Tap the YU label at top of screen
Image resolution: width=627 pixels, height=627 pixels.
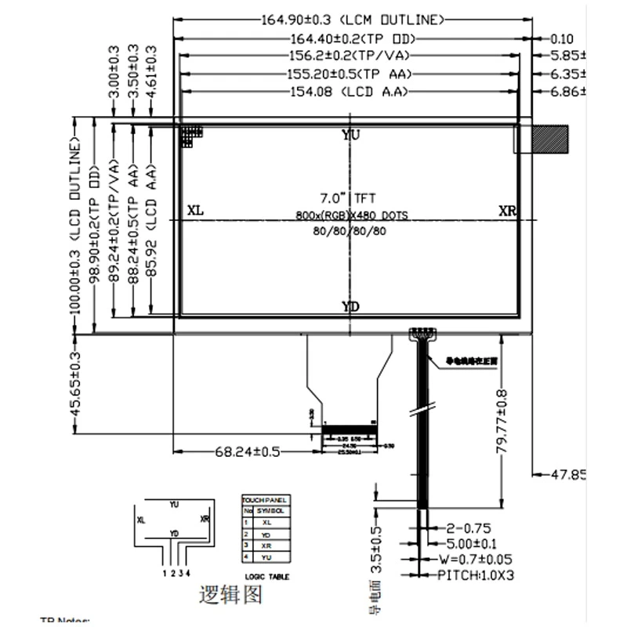tap(351, 135)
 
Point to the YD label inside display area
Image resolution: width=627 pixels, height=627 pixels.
tap(351, 306)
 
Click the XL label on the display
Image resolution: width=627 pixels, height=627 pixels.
tap(196, 212)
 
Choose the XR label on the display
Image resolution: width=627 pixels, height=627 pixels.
tap(508, 212)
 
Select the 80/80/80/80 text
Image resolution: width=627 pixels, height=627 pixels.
tap(350, 230)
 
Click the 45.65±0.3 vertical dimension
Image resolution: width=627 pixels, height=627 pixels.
tap(76, 383)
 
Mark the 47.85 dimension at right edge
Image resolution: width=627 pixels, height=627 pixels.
tap(569, 474)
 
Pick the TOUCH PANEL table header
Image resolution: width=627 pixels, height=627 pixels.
tap(265, 499)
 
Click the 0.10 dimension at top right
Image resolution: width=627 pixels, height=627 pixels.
tap(562, 38)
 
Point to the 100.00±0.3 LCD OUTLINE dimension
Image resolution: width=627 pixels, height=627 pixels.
tap(76, 227)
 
